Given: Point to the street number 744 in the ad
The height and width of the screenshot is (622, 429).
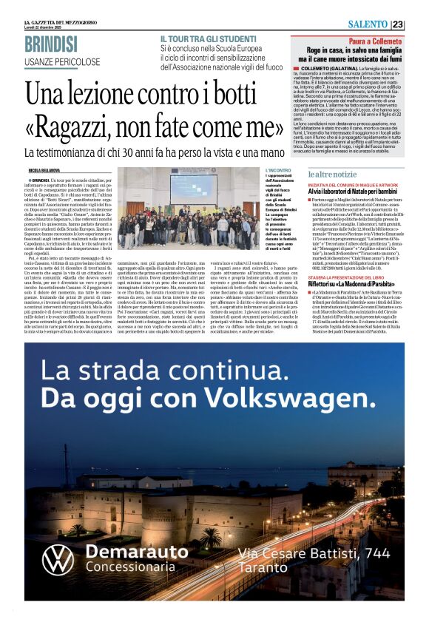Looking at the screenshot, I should [376, 552].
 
